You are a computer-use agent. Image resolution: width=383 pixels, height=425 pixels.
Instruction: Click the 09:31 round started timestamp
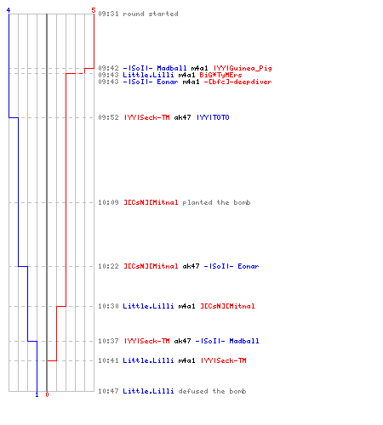108,14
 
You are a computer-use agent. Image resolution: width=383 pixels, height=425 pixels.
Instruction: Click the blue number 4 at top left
9,10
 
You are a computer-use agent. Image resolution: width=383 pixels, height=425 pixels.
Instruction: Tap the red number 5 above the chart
94,10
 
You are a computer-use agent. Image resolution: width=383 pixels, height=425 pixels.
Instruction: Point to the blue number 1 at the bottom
37,394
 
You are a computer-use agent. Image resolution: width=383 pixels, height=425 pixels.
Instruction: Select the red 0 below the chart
47,394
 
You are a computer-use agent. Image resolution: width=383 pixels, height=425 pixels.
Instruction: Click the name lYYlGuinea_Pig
243,68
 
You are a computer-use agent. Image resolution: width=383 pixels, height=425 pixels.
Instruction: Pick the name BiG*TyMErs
220,75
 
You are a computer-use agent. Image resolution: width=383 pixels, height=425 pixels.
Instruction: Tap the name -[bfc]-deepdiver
237,82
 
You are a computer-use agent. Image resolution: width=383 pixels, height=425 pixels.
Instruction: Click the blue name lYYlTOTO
213,117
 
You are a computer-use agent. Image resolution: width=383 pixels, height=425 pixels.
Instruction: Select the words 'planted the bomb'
216,202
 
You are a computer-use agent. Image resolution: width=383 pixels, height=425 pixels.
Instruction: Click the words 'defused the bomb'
212,391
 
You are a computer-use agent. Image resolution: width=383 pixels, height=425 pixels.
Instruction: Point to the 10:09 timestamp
108,202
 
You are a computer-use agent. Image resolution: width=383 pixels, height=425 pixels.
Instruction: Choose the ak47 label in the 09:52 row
182,117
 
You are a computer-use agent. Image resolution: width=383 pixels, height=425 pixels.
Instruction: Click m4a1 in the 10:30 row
186,306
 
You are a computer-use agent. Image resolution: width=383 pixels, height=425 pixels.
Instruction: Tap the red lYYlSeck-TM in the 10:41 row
224,360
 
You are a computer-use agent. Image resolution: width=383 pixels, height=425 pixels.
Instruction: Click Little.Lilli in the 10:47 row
148,391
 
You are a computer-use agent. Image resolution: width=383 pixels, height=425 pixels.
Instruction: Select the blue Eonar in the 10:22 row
249,266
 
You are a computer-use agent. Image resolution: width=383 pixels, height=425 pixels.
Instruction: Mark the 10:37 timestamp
108,341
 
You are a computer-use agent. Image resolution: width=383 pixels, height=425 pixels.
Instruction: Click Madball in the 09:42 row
172,68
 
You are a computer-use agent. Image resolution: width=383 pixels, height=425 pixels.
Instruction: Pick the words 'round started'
151,14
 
